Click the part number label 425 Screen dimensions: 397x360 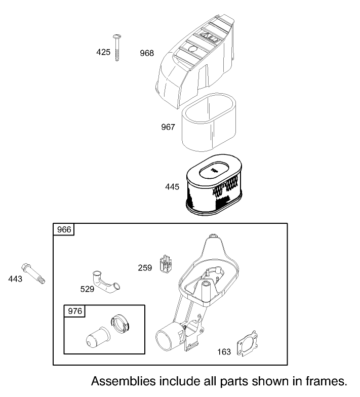103,52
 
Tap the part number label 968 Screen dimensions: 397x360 147,53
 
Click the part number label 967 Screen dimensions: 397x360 168,127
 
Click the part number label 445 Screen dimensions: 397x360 172,187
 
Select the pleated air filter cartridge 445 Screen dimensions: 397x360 213,187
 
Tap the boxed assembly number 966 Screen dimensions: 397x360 64,229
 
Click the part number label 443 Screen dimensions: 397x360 15,279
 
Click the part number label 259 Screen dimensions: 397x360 145,267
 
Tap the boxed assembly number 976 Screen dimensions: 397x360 74,311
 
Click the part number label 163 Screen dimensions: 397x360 224,351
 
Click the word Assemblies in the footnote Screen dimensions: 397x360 124,380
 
